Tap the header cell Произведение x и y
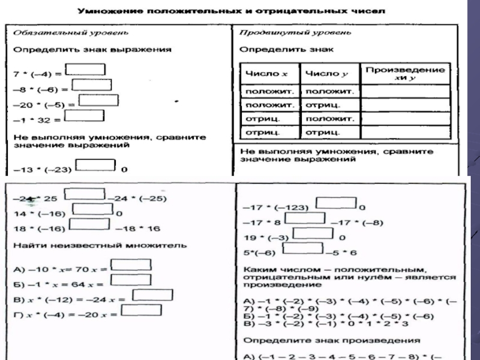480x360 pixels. [405, 74]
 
